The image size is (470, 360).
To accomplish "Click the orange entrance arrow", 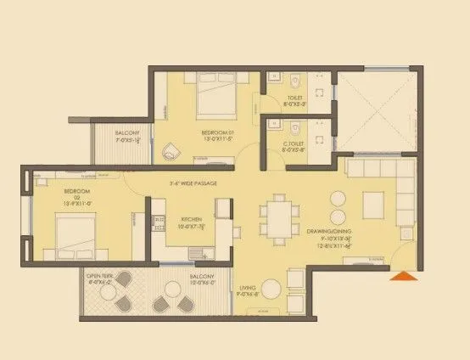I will tap(403, 274).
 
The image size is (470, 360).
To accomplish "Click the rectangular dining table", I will tap(279, 216).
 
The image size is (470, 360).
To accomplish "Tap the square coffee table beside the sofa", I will tap(373, 204).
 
